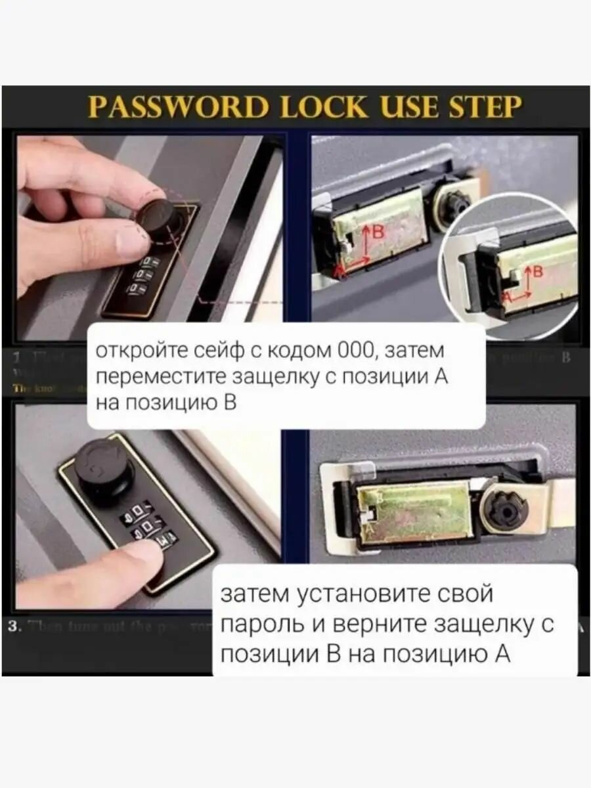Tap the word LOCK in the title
(317, 106)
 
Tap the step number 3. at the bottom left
(17, 626)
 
